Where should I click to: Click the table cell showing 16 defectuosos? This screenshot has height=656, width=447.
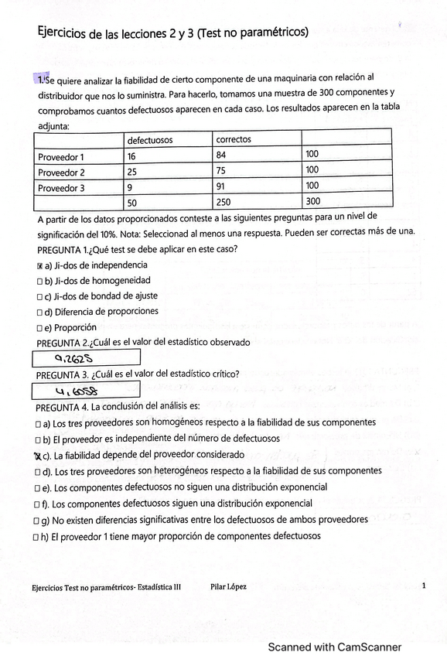coord(132,155)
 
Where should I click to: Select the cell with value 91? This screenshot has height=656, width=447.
coord(222,187)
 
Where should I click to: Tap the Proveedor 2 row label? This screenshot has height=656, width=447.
coord(62,172)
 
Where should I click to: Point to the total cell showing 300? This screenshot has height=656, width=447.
coord(312,202)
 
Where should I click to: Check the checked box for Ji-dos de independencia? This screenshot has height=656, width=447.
coord(40,266)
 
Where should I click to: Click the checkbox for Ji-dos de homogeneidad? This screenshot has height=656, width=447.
coord(40,282)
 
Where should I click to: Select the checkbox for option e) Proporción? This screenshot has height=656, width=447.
coord(40,327)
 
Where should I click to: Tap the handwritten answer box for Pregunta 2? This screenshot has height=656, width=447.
coord(87,357)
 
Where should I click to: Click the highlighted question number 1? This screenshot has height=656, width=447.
coord(40,79)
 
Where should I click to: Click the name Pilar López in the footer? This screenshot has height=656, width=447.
coord(228,587)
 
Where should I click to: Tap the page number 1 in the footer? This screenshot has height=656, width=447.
coord(424,586)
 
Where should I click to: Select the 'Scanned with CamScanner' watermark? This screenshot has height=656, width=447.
coord(334,647)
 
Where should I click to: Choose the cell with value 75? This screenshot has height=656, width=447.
coord(222,172)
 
